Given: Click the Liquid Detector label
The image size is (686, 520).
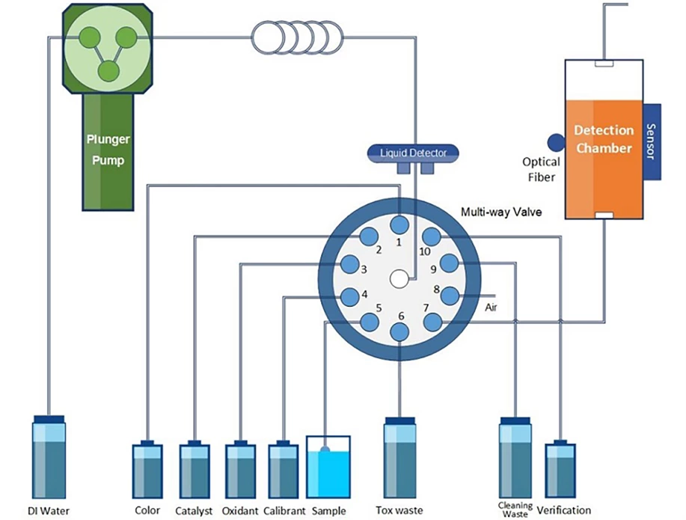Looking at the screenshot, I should [414, 153].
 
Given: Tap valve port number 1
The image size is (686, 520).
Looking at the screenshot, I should [399, 224].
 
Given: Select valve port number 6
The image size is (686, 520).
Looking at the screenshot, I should [401, 331].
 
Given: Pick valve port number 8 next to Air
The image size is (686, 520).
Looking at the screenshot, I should [449, 295].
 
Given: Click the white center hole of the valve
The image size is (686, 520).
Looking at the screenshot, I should [399, 279].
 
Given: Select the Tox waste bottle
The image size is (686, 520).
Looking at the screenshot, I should [399, 458].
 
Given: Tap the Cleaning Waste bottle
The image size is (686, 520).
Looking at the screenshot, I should [515, 458].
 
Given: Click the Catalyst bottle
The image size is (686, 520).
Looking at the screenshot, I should [195, 471].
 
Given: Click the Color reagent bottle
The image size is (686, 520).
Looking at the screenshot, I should [147, 471].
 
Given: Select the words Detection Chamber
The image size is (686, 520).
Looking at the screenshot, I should [603, 139].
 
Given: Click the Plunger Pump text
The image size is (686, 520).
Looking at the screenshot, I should [108, 149].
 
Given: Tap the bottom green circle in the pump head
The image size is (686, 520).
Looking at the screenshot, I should [108, 71].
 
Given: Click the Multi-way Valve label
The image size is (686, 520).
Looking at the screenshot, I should [500, 212].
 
